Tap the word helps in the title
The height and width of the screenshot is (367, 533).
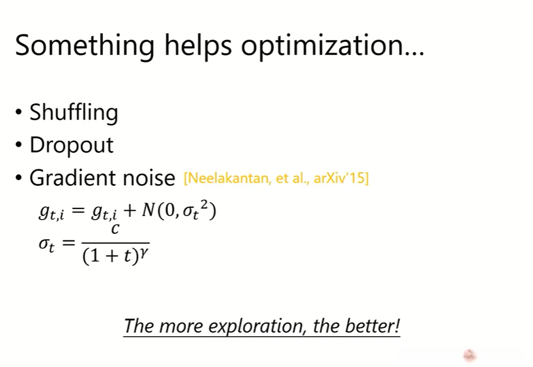click(198, 44)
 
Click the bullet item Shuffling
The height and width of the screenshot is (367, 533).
click(74, 112)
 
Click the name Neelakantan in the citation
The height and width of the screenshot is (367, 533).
click(227, 178)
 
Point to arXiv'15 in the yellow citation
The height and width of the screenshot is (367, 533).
click(341, 178)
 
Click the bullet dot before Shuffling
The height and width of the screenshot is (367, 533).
click(19, 112)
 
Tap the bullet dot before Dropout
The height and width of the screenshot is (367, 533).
click(19, 144)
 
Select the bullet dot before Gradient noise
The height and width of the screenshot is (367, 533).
click(19, 177)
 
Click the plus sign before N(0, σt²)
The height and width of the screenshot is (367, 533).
click(130, 211)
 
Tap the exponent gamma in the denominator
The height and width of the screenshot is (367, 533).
click(144, 253)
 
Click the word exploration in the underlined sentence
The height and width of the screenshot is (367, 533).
click(256, 326)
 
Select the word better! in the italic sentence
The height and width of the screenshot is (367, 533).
click(373, 326)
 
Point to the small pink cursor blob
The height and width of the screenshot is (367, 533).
click(470, 355)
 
